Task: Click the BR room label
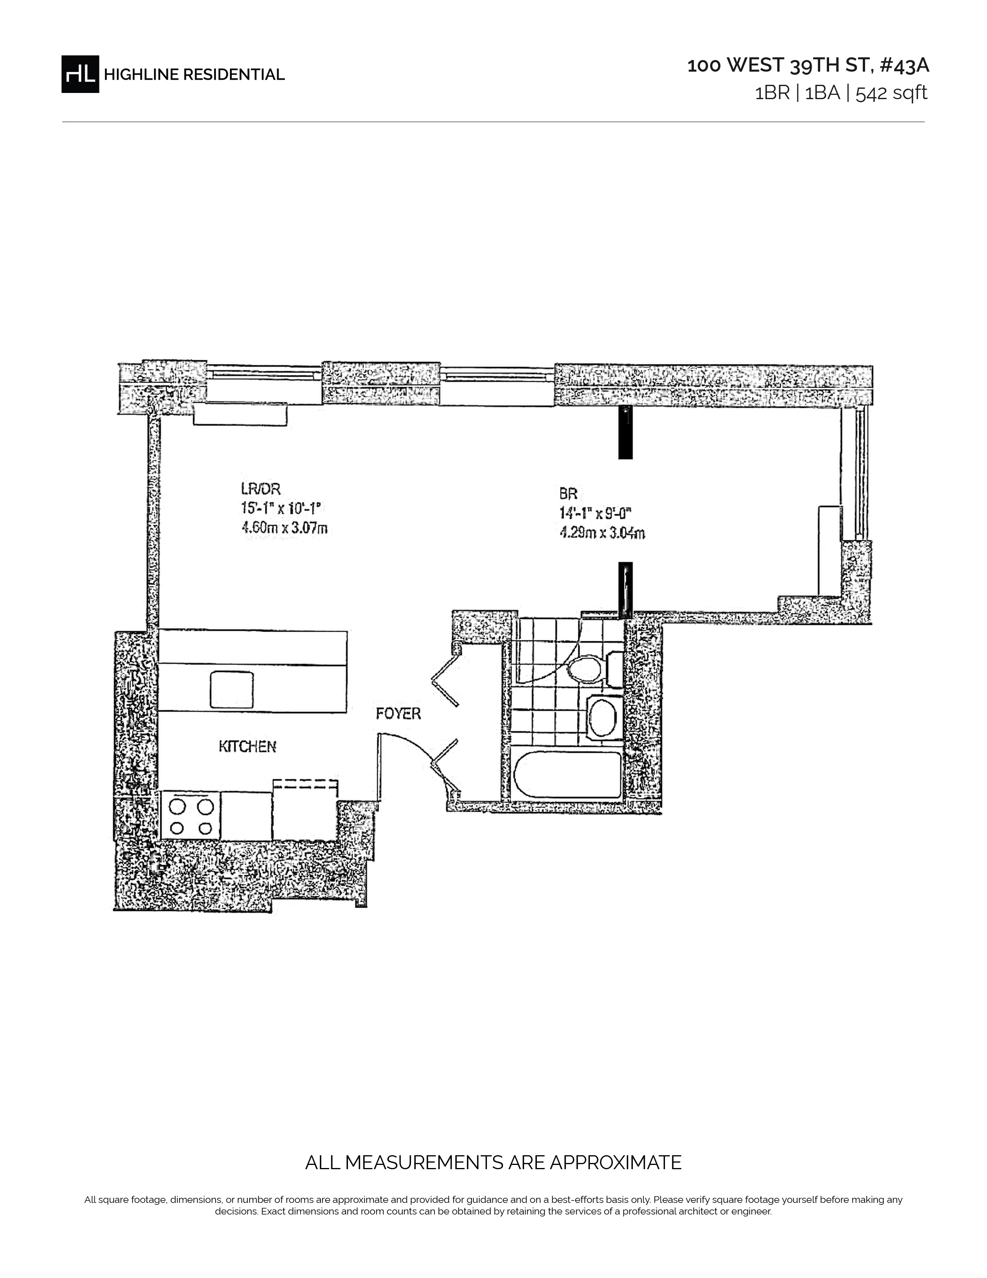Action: [568, 494]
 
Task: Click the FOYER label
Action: [398, 713]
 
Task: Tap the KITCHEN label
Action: [247, 746]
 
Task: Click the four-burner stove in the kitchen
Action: [190, 816]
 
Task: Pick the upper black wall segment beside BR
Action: [625, 433]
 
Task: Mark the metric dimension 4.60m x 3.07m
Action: [284, 528]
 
